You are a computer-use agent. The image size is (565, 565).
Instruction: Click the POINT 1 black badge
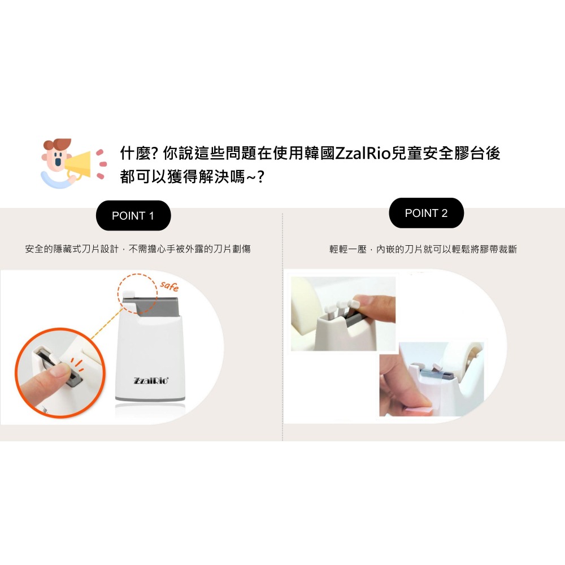click(133, 216)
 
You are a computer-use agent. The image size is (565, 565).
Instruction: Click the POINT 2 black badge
click(426, 213)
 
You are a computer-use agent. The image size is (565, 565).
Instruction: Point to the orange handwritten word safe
click(169, 286)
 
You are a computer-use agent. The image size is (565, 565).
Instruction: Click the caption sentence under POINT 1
click(138, 249)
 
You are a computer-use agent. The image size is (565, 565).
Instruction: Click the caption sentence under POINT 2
click(423, 249)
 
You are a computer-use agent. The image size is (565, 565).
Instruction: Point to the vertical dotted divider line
click(282, 328)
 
